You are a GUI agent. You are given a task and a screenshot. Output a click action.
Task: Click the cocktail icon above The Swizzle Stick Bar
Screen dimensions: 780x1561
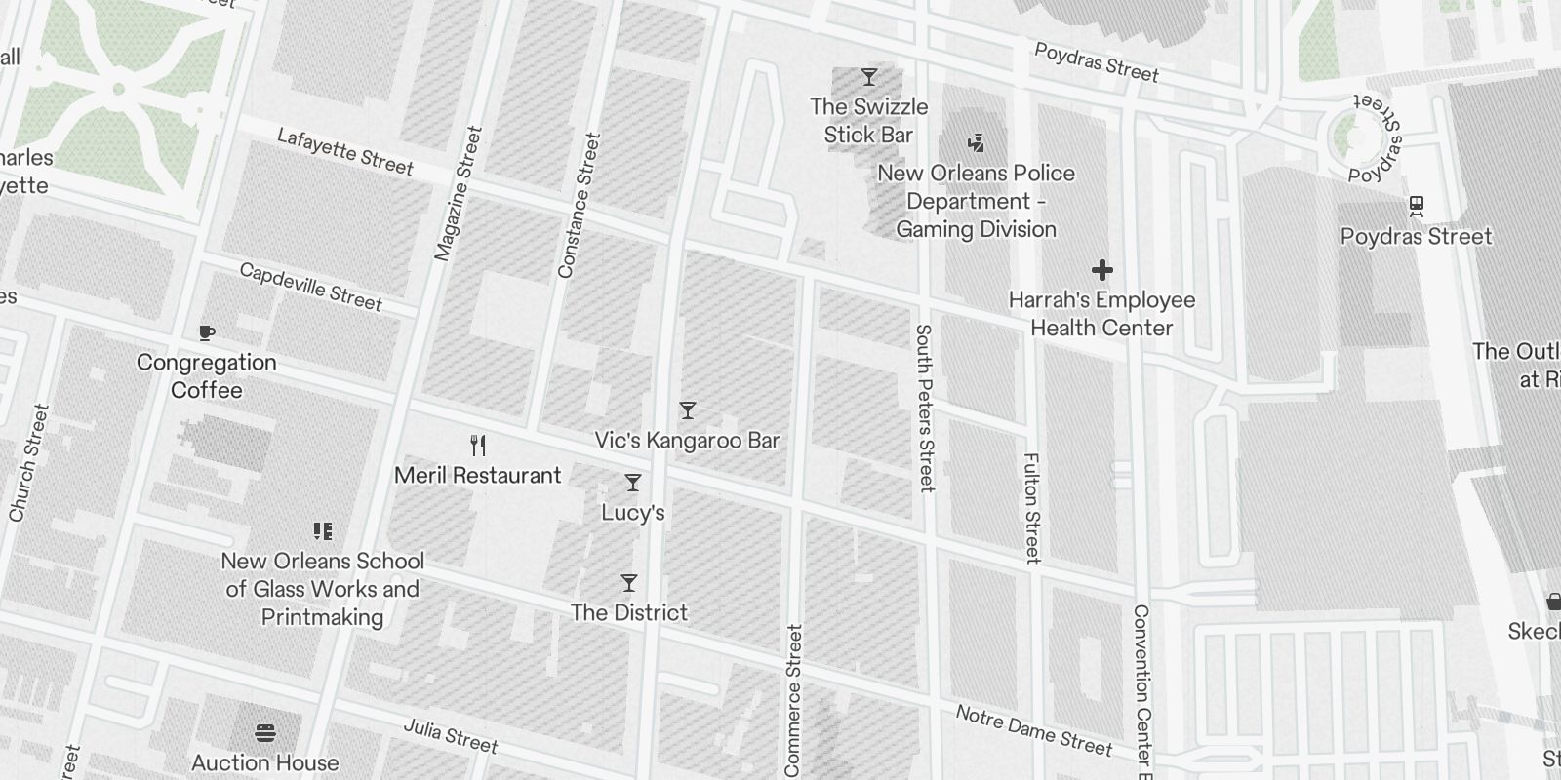click(868, 77)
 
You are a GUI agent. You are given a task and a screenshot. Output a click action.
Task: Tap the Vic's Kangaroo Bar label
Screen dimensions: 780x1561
click(687, 441)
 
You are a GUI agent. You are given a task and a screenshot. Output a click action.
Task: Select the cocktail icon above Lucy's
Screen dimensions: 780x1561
click(633, 483)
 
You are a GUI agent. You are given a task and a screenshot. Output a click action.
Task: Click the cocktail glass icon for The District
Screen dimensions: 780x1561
click(629, 583)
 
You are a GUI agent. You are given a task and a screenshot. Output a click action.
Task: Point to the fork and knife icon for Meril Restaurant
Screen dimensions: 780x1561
click(478, 446)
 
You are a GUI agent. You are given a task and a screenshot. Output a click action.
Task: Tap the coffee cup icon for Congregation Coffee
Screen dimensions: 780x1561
click(206, 333)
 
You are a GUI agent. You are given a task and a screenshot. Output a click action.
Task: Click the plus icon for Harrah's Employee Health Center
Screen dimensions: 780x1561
click(1102, 270)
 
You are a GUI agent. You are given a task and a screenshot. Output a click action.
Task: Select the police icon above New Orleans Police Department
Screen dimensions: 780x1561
click(976, 143)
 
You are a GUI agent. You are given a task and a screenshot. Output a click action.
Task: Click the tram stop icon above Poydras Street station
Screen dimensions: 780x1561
click(1417, 207)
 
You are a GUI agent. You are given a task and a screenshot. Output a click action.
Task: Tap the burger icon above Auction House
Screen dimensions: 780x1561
click(265, 732)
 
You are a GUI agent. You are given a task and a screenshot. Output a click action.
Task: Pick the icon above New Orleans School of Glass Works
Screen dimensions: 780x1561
click(323, 531)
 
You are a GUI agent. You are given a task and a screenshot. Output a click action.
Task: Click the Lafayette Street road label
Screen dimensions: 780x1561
click(345, 151)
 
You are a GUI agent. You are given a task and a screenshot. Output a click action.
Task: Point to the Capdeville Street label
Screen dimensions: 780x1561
click(311, 286)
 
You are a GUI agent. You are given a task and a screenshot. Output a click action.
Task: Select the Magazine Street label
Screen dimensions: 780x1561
click(459, 193)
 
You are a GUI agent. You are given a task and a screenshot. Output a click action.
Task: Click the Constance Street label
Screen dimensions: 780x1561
click(579, 206)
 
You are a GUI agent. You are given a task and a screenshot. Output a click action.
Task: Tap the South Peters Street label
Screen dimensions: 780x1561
click(925, 408)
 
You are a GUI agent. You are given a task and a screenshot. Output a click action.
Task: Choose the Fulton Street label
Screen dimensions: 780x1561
click(1032, 507)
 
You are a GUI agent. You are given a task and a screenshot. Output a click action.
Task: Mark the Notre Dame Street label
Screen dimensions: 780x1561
click(1033, 730)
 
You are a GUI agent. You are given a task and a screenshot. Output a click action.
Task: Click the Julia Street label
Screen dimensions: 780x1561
click(451, 735)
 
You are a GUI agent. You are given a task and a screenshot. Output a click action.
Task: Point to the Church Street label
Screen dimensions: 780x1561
click(28, 463)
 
